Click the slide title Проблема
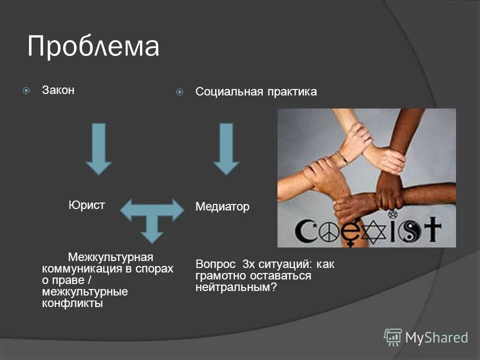tap(93, 46)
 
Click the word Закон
tap(58, 90)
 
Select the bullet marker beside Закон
tap(26, 91)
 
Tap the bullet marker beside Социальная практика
tap(179, 92)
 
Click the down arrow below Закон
tap(98, 148)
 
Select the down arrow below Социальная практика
tap(226, 148)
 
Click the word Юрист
tap(86, 205)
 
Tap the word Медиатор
tap(222, 207)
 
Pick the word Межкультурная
tap(110, 257)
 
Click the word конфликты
tap(72, 303)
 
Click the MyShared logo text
tap(436, 337)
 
